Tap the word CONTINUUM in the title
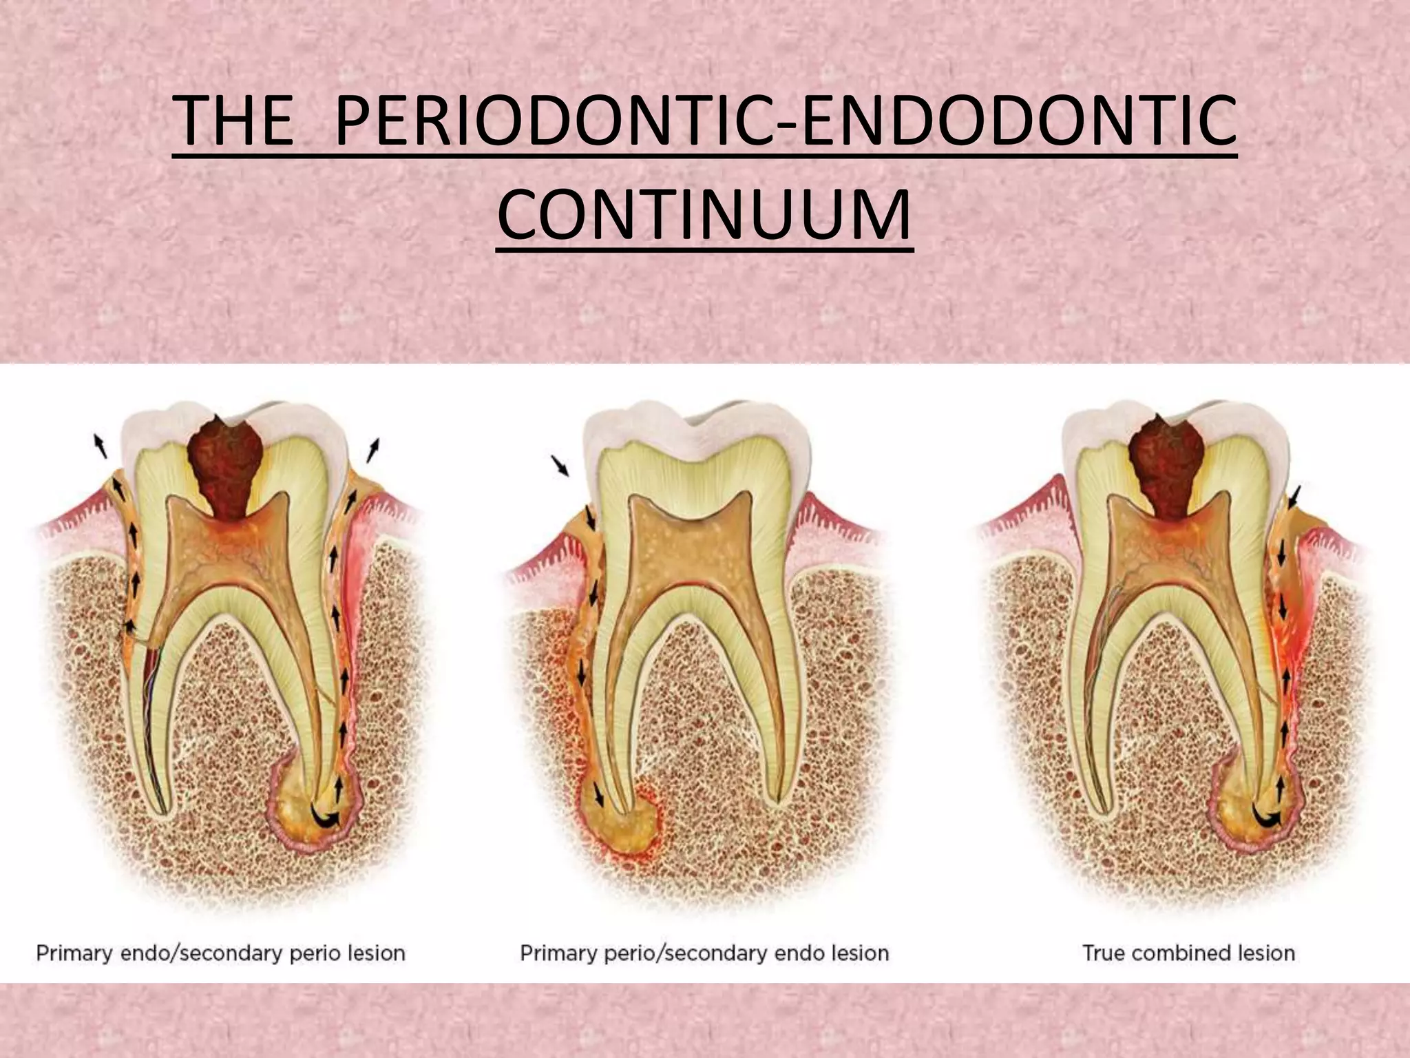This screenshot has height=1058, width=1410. click(x=704, y=216)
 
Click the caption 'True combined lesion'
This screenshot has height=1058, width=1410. click(x=1188, y=953)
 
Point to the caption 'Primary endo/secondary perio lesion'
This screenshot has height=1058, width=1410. click(x=220, y=953)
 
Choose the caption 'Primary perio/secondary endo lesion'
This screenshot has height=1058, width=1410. click(x=704, y=953)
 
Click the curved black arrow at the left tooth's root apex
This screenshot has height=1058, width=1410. click(x=325, y=818)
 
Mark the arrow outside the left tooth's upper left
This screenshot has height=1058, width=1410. click(x=101, y=446)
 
